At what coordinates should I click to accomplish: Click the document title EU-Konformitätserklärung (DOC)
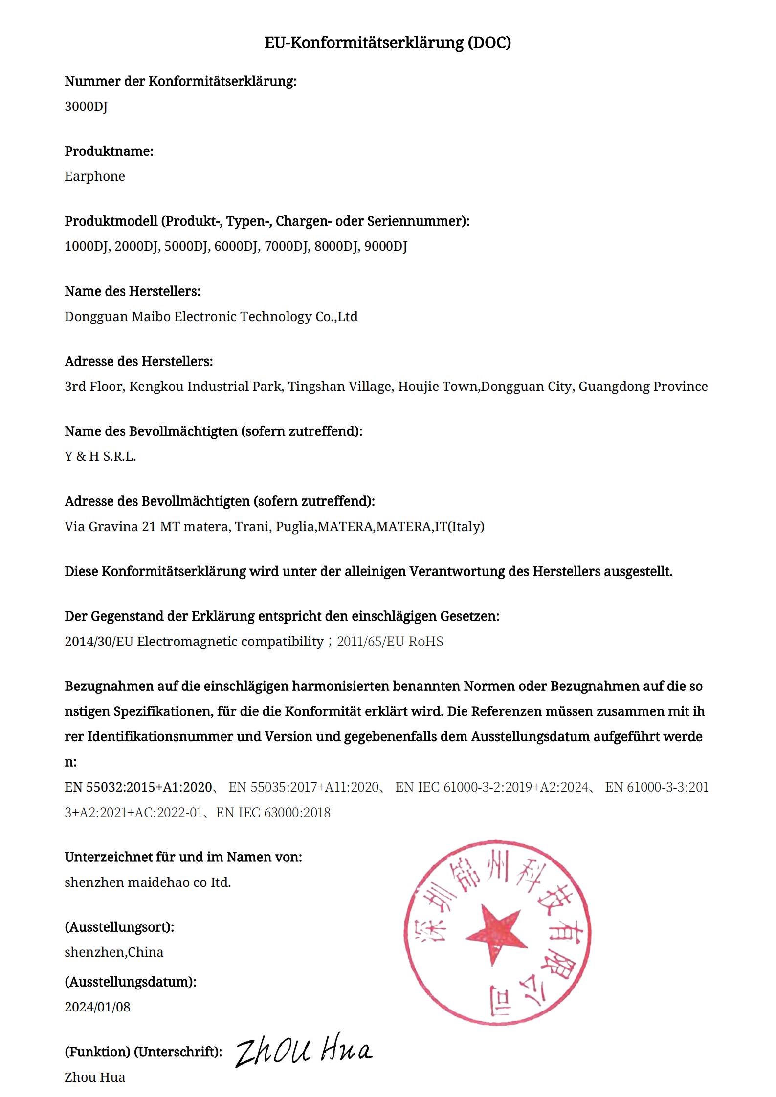[388, 43]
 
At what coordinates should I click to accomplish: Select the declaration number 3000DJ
[86, 106]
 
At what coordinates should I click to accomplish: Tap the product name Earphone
[95, 176]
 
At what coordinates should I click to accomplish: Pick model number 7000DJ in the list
[287, 246]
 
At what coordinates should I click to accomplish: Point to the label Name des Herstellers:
[133, 292]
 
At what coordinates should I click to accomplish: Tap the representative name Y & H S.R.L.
[100, 456]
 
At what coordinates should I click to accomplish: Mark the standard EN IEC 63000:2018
[273, 813]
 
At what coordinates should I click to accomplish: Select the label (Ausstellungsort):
[119, 927]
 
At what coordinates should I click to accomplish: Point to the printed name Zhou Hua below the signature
[95, 1077]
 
